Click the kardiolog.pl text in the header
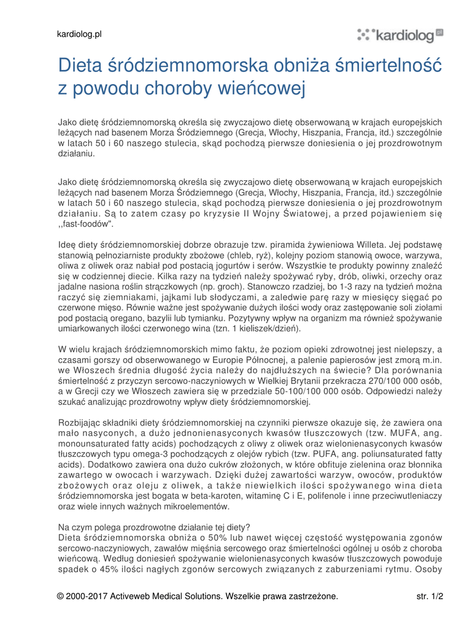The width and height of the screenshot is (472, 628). point(79,34)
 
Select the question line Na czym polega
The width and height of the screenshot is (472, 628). point(154,527)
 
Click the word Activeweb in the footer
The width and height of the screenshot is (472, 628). point(132,596)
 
